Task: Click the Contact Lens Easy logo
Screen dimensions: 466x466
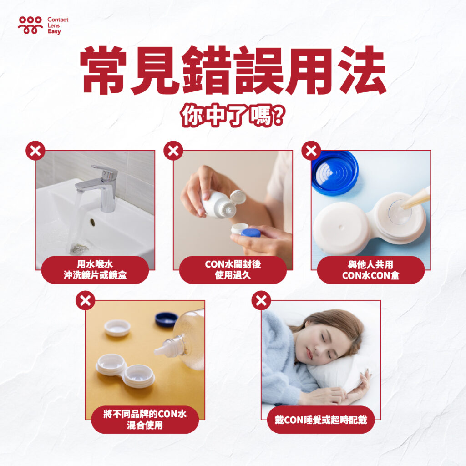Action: (x=43, y=25)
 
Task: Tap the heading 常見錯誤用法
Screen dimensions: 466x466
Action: (x=233, y=70)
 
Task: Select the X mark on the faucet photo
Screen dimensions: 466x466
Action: (x=35, y=151)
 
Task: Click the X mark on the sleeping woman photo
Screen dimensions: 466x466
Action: (x=261, y=300)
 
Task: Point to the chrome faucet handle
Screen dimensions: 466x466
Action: (x=104, y=172)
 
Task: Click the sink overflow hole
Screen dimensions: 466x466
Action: (x=92, y=222)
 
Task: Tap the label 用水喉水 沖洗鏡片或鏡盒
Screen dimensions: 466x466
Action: (x=95, y=269)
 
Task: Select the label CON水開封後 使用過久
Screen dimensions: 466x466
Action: (x=233, y=269)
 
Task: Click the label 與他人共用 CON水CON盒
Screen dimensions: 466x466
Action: (x=370, y=269)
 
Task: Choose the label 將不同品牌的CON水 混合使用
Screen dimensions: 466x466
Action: (x=145, y=419)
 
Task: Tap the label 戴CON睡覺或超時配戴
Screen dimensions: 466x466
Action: (x=321, y=420)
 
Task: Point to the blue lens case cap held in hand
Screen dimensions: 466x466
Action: (x=251, y=233)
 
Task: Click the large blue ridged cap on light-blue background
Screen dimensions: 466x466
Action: (x=334, y=173)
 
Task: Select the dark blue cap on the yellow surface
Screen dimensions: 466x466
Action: (x=167, y=319)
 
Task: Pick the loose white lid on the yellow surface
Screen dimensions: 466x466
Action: (x=117, y=328)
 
